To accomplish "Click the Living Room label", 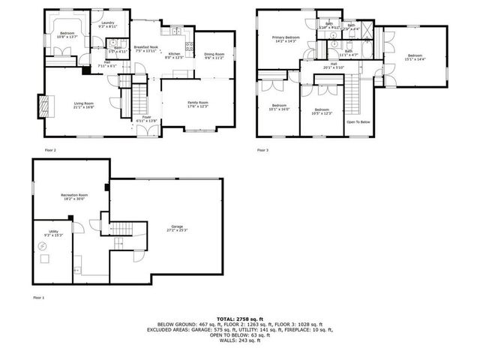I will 83,103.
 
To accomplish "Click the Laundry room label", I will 106,24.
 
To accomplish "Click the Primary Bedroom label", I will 286,38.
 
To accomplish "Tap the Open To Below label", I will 358,121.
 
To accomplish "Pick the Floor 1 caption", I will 38,298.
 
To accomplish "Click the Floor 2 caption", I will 50,150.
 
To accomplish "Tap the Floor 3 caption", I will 263,150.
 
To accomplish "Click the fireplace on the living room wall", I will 43,103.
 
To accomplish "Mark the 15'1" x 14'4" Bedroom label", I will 415,57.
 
